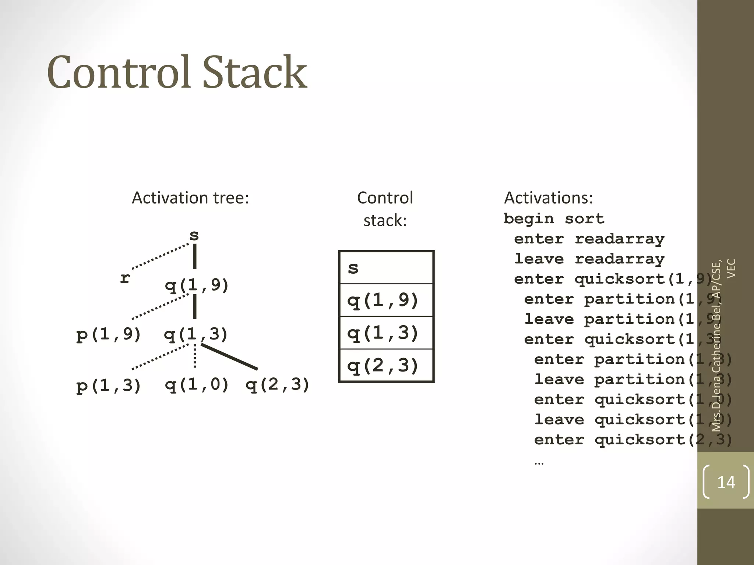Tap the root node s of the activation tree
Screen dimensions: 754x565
194,235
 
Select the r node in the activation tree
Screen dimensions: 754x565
125,278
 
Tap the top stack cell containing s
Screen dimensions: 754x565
386,267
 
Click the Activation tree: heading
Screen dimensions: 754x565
190,198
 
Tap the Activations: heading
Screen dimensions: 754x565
548,198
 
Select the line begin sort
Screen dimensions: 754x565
554,219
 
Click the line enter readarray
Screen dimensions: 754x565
589,239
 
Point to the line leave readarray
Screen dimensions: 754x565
589,259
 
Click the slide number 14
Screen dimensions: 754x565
726,482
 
